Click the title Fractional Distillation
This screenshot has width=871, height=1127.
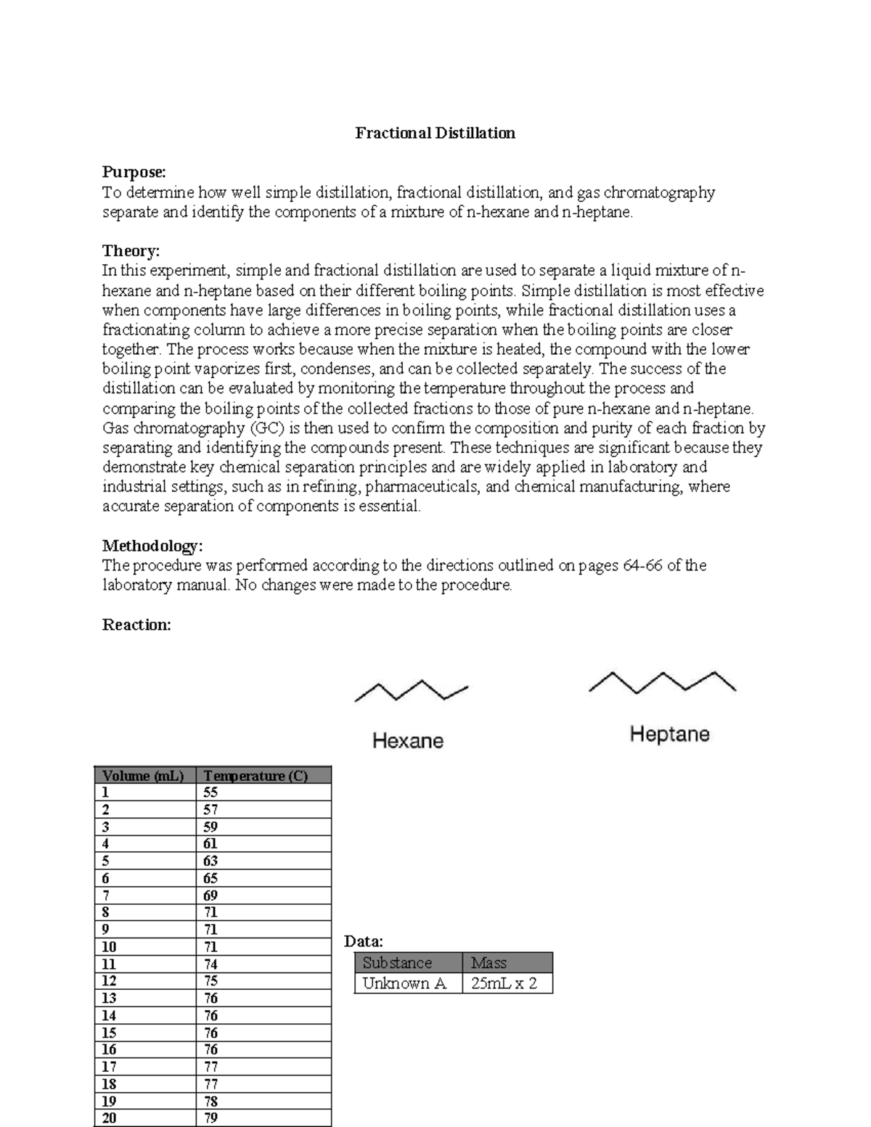pos(435,133)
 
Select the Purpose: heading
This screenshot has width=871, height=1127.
pos(134,172)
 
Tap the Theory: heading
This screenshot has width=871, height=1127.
pos(131,251)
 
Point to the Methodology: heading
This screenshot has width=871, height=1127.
pos(152,546)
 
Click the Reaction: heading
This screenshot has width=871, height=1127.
pos(136,625)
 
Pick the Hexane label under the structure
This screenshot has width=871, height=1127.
pos(407,741)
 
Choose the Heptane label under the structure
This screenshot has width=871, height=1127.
pos(669,734)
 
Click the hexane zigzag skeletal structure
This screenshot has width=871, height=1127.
pos(411,691)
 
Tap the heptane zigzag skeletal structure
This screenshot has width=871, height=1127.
pos(662,682)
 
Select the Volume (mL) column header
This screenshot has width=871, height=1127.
pos(144,776)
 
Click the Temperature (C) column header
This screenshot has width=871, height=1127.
pos(255,776)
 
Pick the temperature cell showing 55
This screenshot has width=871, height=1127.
pos(210,792)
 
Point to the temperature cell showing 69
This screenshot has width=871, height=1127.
pos(210,896)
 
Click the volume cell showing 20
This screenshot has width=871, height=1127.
pos(110,1118)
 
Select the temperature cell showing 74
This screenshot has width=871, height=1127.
pos(210,964)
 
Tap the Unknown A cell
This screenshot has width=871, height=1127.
pos(404,983)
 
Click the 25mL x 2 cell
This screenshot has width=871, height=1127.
pos(504,983)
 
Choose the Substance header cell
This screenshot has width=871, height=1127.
pos(397,963)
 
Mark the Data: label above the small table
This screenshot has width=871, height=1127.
pos(364,941)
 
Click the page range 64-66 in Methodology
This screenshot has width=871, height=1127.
pos(642,565)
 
